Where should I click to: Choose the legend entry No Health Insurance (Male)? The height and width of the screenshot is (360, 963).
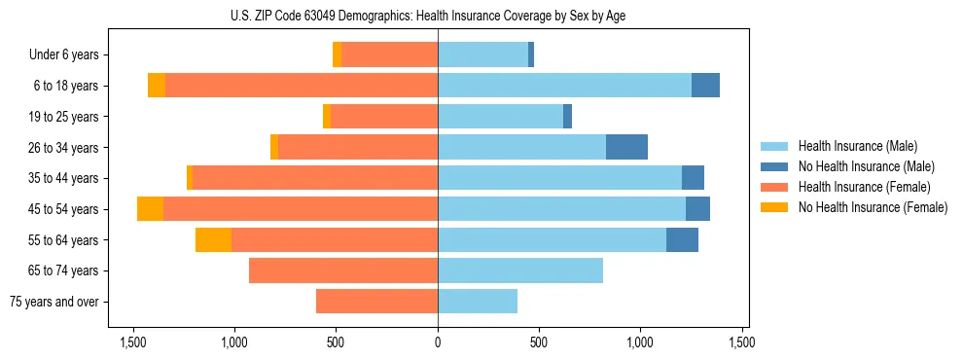click(x=859, y=166)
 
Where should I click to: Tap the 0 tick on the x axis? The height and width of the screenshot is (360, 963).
click(x=438, y=342)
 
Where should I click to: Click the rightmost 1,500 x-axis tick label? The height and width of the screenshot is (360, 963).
click(x=742, y=342)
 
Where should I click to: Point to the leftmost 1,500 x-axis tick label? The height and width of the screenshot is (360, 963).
click(x=133, y=342)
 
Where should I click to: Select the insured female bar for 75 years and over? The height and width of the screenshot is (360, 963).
click(x=377, y=302)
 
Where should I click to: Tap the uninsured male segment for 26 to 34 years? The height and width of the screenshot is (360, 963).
click(x=626, y=147)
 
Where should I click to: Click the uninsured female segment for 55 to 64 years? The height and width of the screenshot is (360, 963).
click(x=213, y=240)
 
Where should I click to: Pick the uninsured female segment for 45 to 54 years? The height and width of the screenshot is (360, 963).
click(x=150, y=209)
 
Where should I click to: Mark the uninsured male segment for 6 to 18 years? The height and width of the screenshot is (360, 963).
click(x=705, y=86)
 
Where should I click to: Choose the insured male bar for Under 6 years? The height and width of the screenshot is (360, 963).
click(x=482, y=54)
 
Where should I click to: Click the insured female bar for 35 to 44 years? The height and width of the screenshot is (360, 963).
click(x=315, y=178)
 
